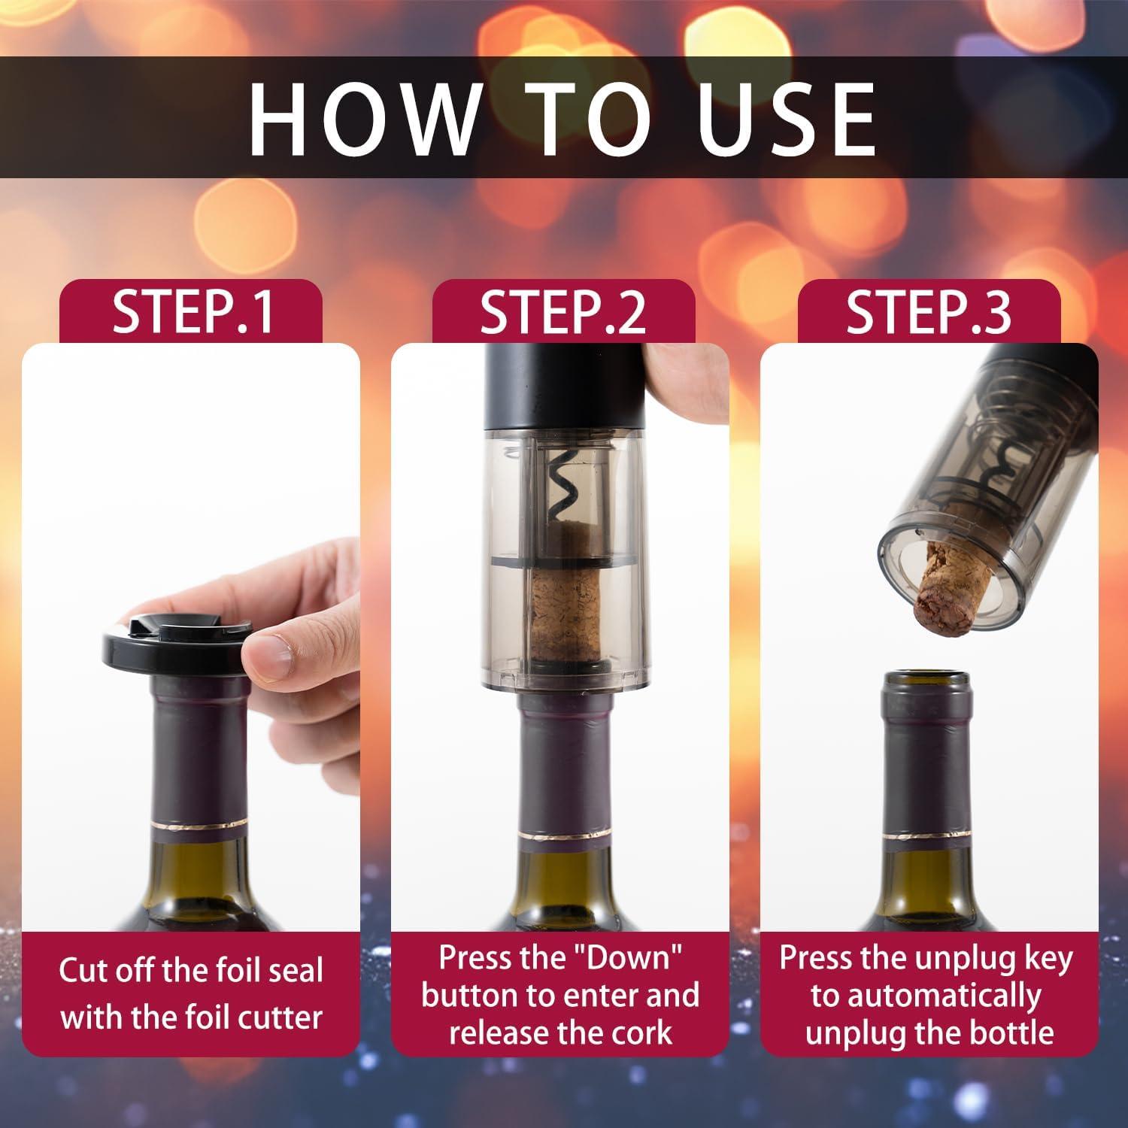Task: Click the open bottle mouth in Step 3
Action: (x=929, y=681)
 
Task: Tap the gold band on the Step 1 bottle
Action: (x=199, y=826)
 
